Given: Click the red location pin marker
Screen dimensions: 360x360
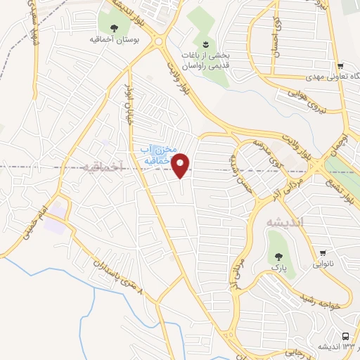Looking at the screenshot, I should (x=181, y=166).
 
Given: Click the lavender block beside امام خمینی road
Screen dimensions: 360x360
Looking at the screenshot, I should (x=58, y=210).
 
